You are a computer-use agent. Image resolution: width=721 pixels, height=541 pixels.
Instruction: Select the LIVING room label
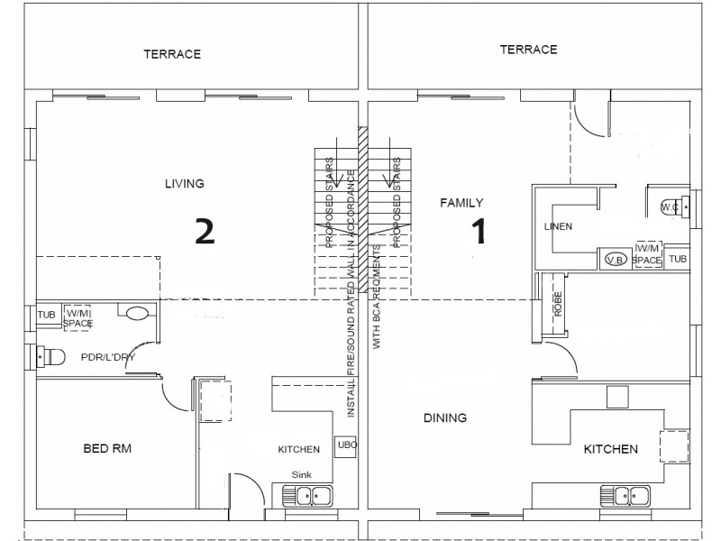[x=184, y=184]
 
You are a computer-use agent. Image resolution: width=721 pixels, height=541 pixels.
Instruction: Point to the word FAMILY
[x=461, y=203]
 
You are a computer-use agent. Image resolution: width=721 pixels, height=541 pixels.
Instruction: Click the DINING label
[x=445, y=417]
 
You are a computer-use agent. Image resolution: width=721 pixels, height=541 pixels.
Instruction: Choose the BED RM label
[x=108, y=448]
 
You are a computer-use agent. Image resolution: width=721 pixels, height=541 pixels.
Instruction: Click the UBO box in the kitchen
[x=347, y=445]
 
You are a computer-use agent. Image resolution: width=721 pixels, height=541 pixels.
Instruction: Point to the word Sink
[x=301, y=472]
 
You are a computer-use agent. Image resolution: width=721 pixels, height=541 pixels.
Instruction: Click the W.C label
[x=669, y=206]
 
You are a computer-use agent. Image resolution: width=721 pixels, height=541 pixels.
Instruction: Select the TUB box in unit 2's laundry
[x=47, y=315]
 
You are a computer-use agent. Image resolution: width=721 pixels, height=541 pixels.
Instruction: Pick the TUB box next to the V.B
[x=680, y=259]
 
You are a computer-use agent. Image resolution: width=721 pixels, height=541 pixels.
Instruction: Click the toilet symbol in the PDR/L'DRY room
[x=50, y=358]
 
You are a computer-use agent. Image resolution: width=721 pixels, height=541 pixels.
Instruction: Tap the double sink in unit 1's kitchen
[x=626, y=495]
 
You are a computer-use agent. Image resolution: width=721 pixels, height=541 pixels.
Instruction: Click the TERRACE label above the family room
[x=528, y=50]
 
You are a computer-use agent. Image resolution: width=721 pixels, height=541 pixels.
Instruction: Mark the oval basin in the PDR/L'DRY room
[x=137, y=314]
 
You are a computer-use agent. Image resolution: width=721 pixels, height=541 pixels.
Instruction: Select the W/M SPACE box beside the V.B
[x=648, y=254]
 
